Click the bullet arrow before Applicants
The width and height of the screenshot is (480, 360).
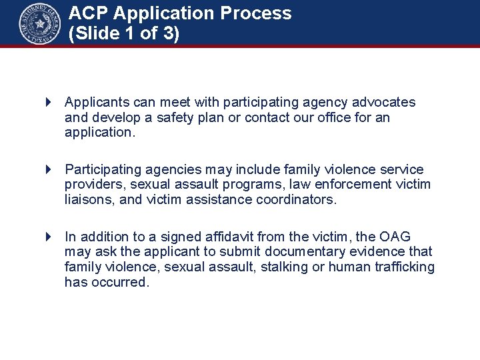pos(49,103)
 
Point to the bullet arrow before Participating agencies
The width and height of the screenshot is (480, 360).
pos(49,170)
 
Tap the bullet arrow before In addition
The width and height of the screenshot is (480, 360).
pos(49,237)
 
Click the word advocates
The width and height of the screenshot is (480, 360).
pos(383,103)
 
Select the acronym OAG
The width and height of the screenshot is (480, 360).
pos(395,237)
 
